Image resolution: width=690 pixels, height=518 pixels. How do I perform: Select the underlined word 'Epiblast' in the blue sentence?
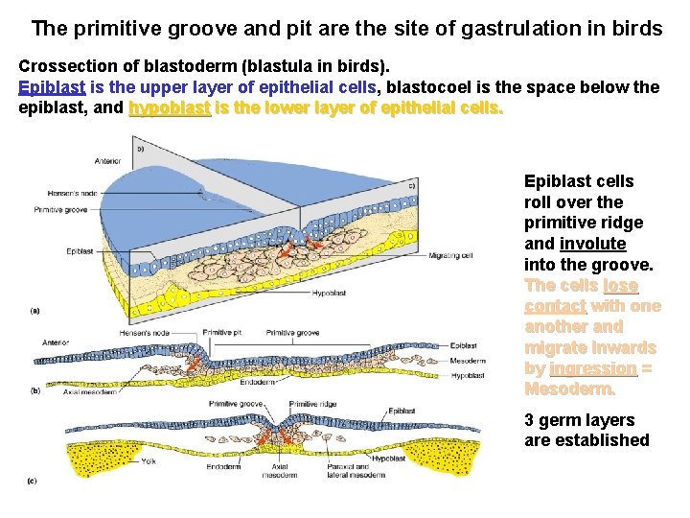tap(52, 87)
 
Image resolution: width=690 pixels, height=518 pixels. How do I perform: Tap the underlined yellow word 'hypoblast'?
tap(170, 107)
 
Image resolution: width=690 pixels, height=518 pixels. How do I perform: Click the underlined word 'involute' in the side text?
tap(592, 243)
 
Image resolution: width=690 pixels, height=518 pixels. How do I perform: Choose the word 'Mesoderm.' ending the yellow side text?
tap(569, 389)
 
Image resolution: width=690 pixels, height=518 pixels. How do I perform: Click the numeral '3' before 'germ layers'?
tap(530, 420)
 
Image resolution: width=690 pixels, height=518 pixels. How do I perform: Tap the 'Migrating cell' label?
tap(449, 256)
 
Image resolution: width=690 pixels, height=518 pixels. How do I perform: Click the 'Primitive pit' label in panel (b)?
tap(221, 332)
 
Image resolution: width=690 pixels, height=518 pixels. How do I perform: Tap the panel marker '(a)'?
tap(35, 310)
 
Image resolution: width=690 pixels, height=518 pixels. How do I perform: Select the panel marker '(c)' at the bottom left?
tap(34, 480)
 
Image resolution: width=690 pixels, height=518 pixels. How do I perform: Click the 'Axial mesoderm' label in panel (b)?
tap(90, 391)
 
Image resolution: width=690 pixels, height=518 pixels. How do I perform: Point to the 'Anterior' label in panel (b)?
tap(56, 341)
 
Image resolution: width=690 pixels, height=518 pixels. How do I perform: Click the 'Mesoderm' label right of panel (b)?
tap(468, 361)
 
